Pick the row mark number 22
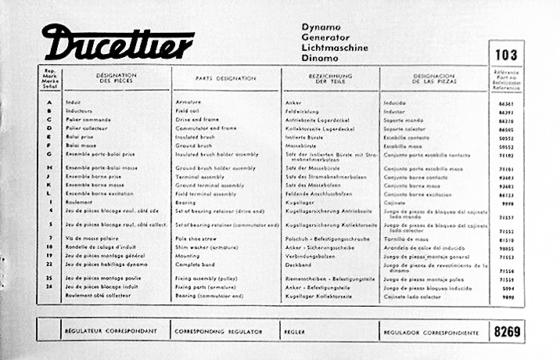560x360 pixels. click(49, 266)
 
